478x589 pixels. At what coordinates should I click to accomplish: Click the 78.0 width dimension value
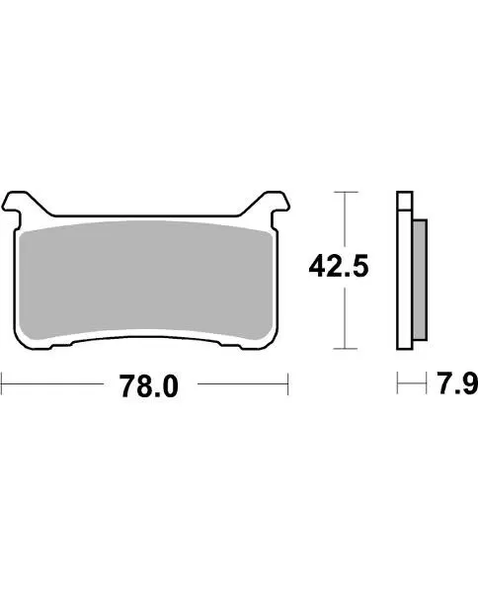tap(148, 386)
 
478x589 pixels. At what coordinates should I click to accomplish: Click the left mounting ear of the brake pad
tap(21, 203)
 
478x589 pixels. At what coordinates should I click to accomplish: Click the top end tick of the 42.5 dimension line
tap(343, 191)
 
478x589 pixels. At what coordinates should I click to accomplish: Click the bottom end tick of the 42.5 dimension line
tap(343, 349)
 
